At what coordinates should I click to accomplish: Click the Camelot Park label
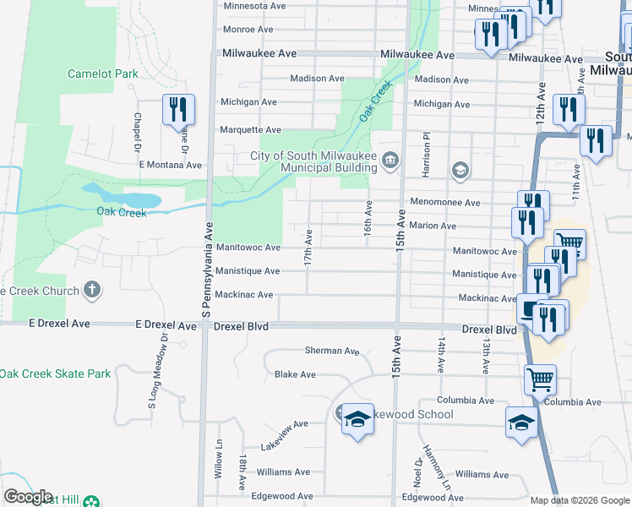[x=102, y=74]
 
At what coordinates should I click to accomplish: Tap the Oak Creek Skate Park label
[x=56, y=373]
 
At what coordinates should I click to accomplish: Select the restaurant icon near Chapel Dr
[x=178, y=109]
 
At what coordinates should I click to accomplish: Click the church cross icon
[x=92, y=291]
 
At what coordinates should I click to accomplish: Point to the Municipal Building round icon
[x=390, y=160]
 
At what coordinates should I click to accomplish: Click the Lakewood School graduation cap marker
[x=357, y=419]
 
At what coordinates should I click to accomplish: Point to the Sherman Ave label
[x=332, y=351]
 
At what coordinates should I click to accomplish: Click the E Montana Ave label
[x=171, y=165]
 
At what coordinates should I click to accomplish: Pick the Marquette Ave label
[x=250, y=130]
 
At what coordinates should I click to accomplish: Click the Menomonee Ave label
[x=445, y=203]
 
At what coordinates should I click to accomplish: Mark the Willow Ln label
[x=218, y=460]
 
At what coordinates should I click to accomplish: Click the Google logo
[x=29, y=497]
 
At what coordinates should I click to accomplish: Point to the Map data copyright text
[x=580, y=500]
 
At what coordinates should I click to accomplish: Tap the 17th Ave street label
[x=309, y=245]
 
